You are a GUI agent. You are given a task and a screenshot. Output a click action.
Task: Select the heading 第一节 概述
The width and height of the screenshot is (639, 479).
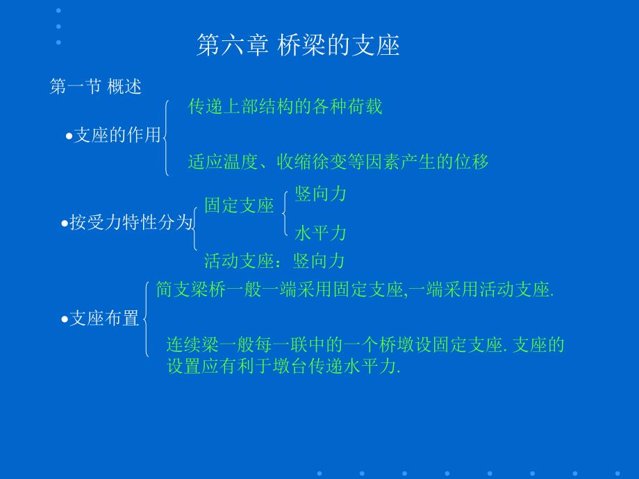tap(96, 86)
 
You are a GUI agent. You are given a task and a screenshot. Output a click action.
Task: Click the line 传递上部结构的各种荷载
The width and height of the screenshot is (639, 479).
tap(285, 107)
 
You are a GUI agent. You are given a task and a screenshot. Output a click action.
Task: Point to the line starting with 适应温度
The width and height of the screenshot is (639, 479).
tap(338, 162)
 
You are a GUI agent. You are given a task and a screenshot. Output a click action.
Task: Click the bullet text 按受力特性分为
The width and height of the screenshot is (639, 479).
tap(129, 222)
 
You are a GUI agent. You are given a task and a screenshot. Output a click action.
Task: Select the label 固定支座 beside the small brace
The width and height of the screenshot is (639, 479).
tap(239, 205)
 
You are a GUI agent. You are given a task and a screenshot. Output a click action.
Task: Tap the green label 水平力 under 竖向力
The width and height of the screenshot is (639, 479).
tap(320, 233)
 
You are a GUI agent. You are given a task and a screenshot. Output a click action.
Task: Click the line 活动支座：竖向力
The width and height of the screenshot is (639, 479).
tap(274, 261)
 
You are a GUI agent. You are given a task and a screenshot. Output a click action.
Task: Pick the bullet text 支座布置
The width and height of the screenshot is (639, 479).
tap(105, 319)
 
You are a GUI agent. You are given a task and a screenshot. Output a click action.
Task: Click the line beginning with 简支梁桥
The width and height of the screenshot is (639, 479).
tap(354, 290)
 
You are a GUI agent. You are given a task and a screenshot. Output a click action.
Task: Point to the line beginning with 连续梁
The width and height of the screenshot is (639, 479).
tap(365, 345)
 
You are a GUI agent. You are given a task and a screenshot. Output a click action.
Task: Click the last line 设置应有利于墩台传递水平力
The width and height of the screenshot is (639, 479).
tap(284, 367)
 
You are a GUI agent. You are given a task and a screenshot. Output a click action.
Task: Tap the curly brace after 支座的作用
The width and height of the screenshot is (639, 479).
tap(166, 137)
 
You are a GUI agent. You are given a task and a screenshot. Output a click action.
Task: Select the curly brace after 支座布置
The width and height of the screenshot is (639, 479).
tap(146, 319)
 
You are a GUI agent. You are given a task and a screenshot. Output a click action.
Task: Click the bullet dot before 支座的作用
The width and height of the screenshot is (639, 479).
tap(69, 137)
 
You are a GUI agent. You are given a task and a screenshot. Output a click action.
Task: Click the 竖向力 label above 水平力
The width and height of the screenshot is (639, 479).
tap(320, 194)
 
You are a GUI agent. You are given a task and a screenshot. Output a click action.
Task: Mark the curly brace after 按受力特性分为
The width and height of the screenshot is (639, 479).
tap(195, 222)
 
